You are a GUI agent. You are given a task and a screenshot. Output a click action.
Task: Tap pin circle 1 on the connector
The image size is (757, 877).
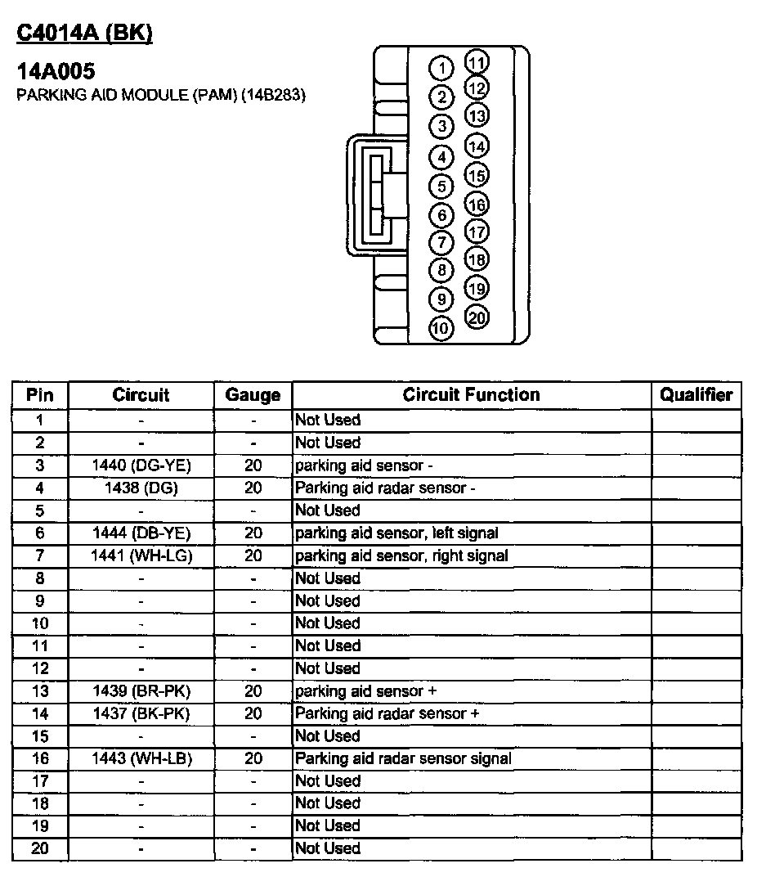click(441, 67)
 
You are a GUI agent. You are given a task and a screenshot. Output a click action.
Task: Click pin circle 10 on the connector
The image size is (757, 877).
click(441, 328)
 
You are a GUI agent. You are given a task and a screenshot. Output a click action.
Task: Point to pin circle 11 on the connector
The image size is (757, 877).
click(477, 62)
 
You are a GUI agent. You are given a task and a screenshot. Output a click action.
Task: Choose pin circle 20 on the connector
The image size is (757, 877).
click(477, 317)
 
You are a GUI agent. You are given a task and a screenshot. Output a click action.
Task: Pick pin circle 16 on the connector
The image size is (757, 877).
click(477, 205)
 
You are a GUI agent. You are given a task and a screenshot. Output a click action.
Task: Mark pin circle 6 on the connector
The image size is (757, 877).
click(441, 215)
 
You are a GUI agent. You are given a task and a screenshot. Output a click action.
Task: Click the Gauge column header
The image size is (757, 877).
click(253, 395)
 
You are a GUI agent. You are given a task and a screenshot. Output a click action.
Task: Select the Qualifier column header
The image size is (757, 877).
click(696, 395)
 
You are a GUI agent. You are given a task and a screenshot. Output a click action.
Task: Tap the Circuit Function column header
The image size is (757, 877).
click(471, 395)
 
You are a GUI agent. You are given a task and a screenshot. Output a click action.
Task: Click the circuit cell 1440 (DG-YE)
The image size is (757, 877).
click(141, 465)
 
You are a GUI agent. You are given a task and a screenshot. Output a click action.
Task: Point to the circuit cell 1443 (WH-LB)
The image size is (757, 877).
click(141, 758)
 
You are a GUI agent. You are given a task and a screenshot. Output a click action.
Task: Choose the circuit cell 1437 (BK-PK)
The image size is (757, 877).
click(141, 713)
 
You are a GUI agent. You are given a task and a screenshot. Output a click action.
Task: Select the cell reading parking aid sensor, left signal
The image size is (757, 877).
click(396, 533)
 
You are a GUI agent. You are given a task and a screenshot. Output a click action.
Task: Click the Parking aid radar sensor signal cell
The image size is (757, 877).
click(403, 758)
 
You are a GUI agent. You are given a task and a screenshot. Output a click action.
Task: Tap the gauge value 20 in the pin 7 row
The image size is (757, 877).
click(253, 556)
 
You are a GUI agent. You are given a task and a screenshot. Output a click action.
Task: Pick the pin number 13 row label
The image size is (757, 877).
click(40, 691)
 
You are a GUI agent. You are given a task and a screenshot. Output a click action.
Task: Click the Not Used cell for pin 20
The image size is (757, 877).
click(328, 848)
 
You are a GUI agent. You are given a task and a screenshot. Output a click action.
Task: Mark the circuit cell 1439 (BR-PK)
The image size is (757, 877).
click(141, 691)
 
